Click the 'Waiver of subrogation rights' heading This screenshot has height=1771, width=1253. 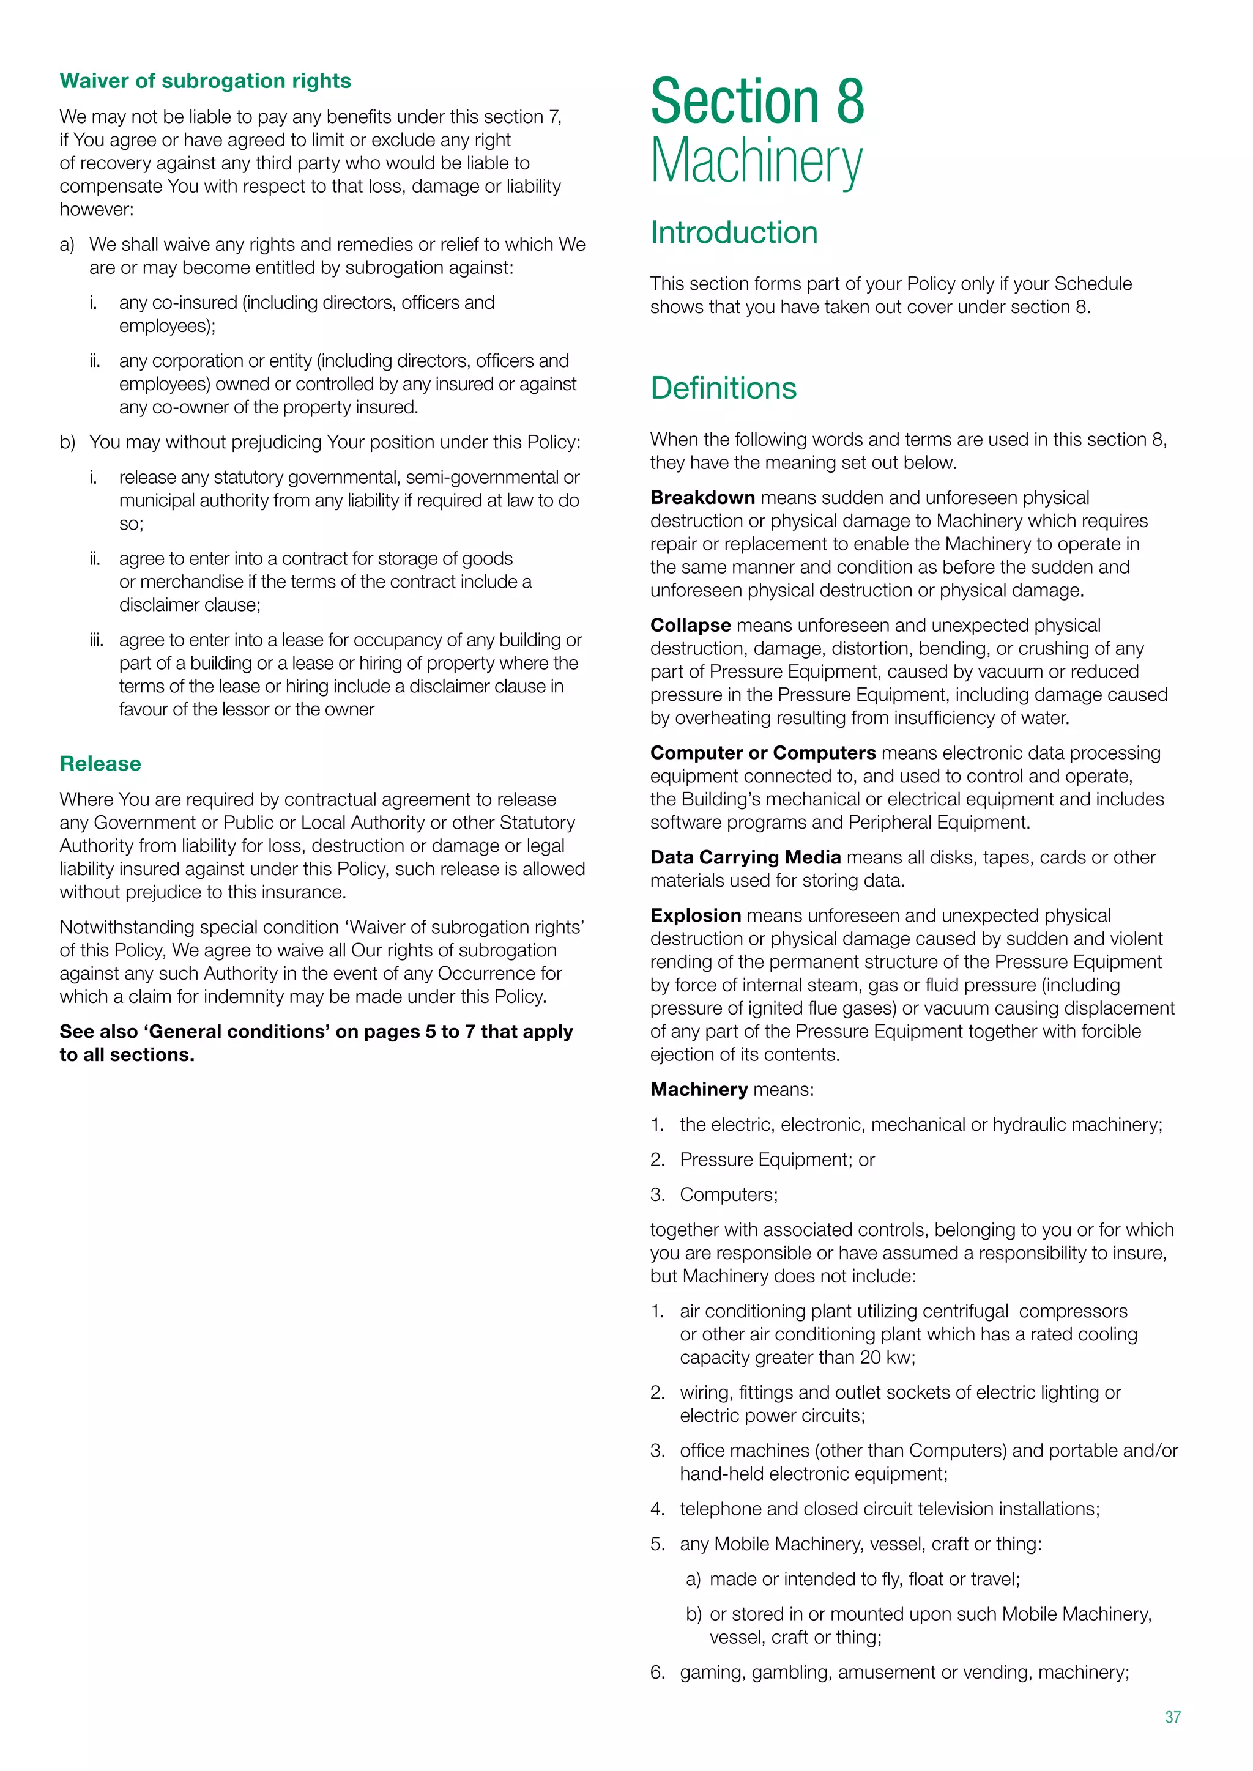pyautogui.click(x=205, y=81)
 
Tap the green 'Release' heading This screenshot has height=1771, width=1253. pyautogui.click(x=100, y=764)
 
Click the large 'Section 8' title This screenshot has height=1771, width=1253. pyautogui.click(x=757, y=101)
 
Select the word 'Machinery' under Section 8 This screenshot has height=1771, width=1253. pyautogui.click(x=756, y=161)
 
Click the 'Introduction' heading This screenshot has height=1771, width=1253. pyautogui.click(x=734, y=232)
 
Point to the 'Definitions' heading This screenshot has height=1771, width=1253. pyautogui.click(x=723, y=388)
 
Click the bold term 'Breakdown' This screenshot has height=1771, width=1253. pyautogui.click(x=702, y=498)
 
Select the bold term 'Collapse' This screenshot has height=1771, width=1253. pyautogui.click(x=690, y=625)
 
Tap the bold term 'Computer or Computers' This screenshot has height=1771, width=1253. pyautogui.click(x=762, y=753)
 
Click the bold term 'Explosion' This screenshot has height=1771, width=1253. pyautogui.click(x=695, y=915)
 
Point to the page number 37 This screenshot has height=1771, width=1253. pyautogui.click(x=1173, y=1717)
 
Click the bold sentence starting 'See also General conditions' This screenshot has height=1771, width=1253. pyautogui.click(x=316, y=1043)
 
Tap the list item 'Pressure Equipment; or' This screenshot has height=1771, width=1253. pyautogui.click(x=777, y=1159)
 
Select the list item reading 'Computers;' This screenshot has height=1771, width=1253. pyautogui.click(x=728, y=1195)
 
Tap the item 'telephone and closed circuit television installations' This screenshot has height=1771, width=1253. pyautogui.click(x=889, y=1509)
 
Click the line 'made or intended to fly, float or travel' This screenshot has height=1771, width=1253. pyautogui.click(x=864, y=1579)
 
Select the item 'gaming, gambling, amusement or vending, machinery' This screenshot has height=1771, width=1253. pyautogui.click(x=904, y=1673)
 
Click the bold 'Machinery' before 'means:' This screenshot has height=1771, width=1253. pyautogui.click(x=698, y=1089)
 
